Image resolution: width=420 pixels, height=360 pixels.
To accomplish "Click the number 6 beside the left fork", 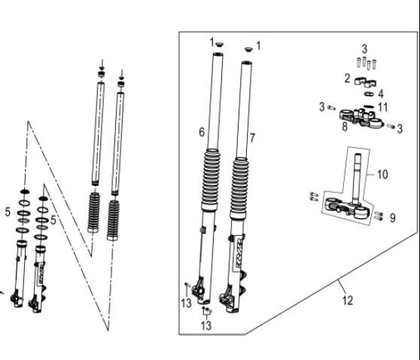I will coord(202,132).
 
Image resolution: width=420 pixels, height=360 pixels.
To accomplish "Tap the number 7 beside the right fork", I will coord(252,138).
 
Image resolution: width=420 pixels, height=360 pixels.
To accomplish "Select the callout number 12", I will coord(347,301).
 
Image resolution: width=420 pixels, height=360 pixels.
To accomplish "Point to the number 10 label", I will coord(382,174).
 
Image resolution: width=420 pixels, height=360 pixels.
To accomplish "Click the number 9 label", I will coord(392,218).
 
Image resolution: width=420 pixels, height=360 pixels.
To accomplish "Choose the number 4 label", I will coord(381,93).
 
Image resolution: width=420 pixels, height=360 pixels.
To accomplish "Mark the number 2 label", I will coord(347,78).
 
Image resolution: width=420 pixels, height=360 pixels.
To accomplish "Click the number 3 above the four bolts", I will coord(364,49).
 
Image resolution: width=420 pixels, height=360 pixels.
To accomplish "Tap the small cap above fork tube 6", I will coord(220,47).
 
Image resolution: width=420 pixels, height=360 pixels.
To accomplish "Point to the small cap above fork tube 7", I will coord(246,50).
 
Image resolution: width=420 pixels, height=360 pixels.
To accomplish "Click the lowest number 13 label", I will coord(205,325).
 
